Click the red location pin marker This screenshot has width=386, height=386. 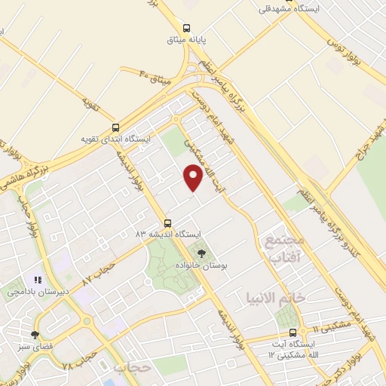194,177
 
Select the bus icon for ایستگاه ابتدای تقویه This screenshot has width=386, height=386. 115,128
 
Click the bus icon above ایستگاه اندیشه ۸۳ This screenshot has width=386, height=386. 167,223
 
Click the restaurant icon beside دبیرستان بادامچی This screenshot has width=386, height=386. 37,279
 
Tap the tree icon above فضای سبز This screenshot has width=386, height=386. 35,334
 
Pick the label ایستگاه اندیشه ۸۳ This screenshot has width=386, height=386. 159,234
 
